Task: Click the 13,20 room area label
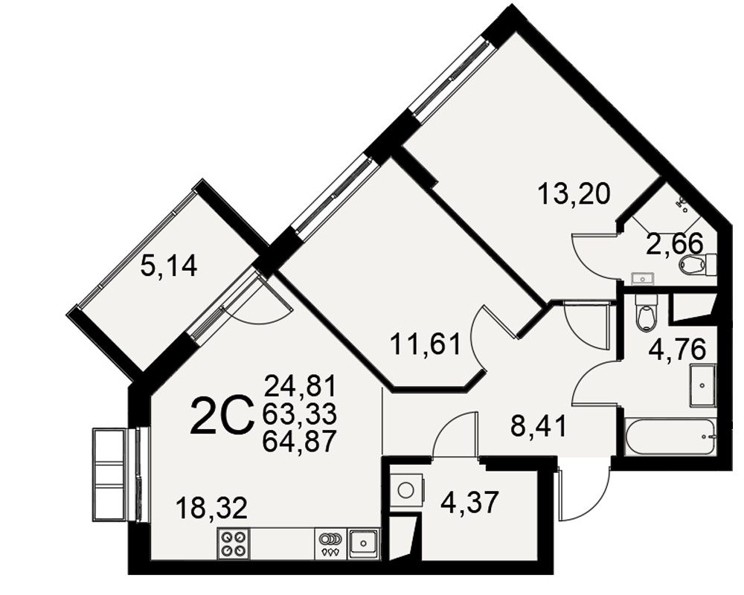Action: (574, 194)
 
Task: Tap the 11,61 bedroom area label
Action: (425, 344)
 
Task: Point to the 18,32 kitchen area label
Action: (211, 508)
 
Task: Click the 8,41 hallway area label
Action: (539, 427)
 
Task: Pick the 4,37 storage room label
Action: (469, 503)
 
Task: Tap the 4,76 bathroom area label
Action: (677, 350)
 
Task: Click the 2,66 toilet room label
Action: (674, 245)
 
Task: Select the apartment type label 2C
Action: (221, 416)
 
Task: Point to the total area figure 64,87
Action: (299, 441)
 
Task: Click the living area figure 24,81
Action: (300, 386)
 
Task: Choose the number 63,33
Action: (299, 414)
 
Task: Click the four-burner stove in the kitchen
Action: (234, 544)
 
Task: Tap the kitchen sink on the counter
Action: (364, 544)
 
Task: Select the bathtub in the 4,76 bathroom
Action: (670, 436)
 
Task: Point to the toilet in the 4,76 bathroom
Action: (646, 312)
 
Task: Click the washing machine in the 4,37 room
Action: (406, 489)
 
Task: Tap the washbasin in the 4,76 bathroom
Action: (702, 385)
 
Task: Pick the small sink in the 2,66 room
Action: (643, 278)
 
